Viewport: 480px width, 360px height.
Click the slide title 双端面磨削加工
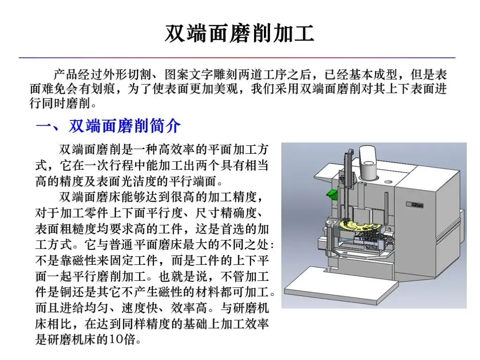coord(240,33)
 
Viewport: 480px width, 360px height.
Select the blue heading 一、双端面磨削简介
coord(108,126)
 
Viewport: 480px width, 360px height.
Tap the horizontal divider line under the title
coord(237,57)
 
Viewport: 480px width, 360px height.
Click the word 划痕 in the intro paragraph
coord(104,89)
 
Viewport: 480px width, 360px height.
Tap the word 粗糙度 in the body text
coord(78,229)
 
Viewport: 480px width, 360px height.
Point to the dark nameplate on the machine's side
coord(415,204)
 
